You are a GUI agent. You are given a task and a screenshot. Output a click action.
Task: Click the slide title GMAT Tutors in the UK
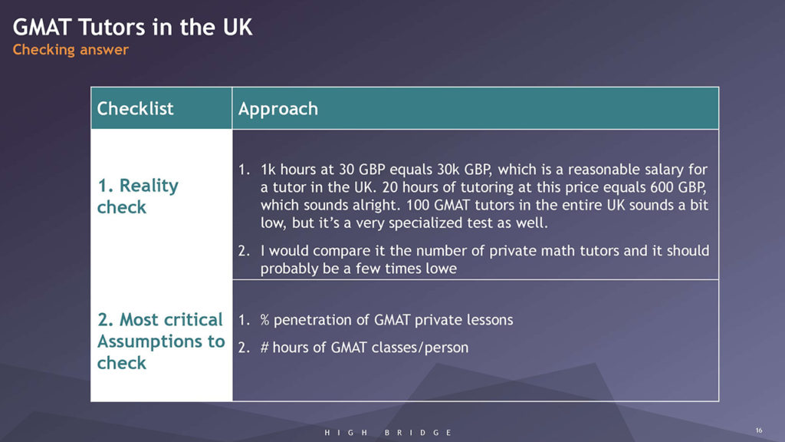(x=133, y=27)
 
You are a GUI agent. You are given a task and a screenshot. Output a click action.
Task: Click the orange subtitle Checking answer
(x=71, y=50)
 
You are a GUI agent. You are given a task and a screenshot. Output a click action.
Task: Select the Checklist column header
(x=135, y=108)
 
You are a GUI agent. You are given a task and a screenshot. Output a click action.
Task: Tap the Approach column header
(x=278, y=109)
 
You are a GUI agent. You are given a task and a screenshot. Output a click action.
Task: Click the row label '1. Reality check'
(x=138, y=196)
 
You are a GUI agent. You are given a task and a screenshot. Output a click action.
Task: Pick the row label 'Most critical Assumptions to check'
(x=161, y=341)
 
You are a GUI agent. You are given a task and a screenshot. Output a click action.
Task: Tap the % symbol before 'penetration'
(x=264, y=320)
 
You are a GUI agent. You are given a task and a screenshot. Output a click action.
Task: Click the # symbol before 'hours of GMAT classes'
(x=264, y=348)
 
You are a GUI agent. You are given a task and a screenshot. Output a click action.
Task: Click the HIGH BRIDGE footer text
(x=389, y=433)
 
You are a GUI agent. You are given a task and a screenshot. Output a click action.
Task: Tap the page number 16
(x=759, y=430)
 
